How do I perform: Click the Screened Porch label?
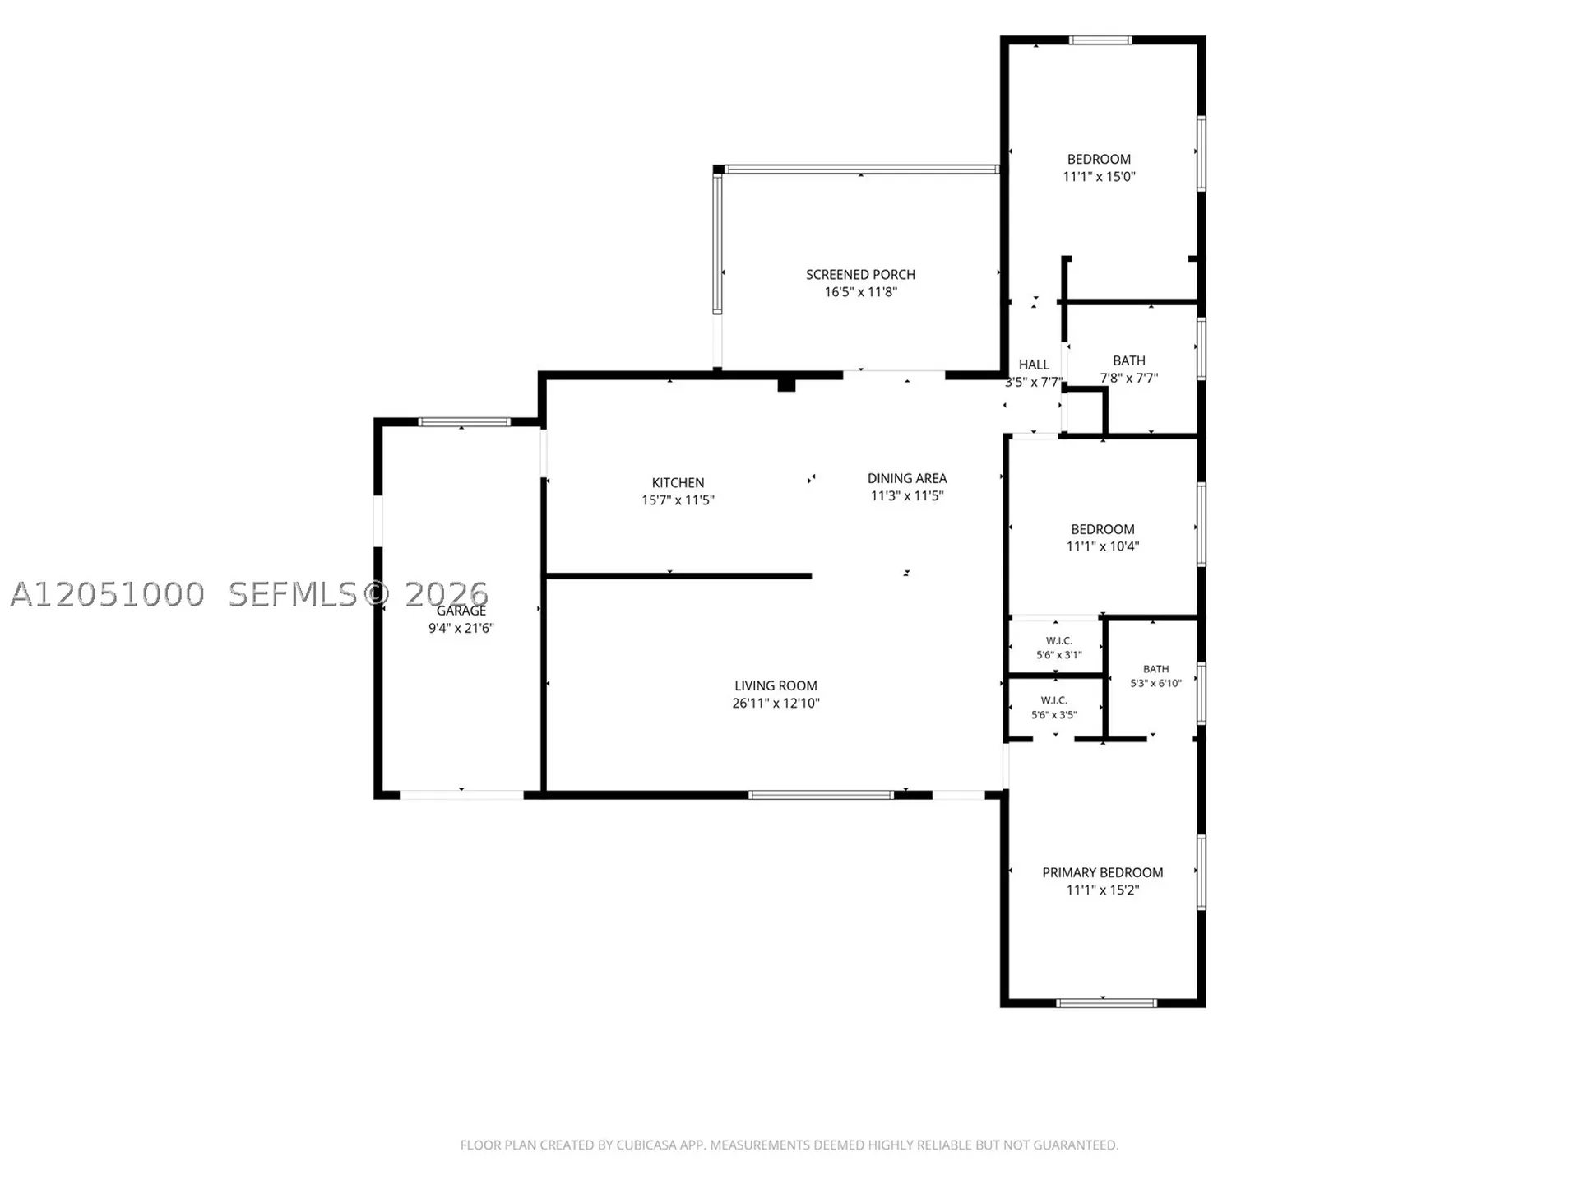click(860, 275)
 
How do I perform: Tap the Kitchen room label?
click(678, 483)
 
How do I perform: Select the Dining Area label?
click(907, 478)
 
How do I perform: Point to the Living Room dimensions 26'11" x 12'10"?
click(776, 704)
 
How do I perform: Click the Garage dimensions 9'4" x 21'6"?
click(461, 628)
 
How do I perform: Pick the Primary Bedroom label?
click(1103, 872)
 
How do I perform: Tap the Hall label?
click(1034, 365)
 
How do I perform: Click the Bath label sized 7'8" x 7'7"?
click(1129, 360)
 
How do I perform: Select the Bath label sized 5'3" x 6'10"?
click(1155, 669)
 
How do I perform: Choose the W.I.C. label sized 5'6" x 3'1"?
click(1059, 641)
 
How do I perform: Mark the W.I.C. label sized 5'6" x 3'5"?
click(1054, 700)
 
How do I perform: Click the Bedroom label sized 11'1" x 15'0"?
click(1099, 160)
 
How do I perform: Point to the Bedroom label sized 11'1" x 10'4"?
click(1103, 529)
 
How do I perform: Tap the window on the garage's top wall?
click(464, 422)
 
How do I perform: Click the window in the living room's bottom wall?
click(821, 795)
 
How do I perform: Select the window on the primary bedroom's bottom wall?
click(1106, 1003)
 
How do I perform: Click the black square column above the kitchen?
click(786, 383)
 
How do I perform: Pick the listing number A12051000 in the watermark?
click(107, 594)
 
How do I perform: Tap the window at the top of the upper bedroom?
click(1100, 39)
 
